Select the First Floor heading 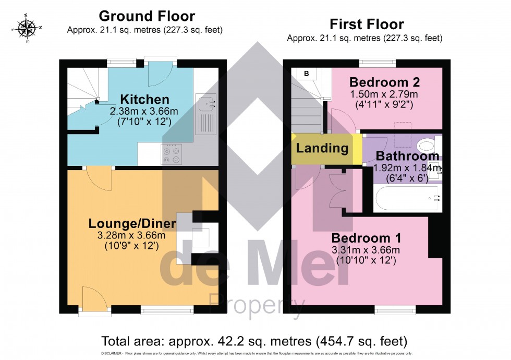(x=367, y=24)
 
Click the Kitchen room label (x=144, y=99)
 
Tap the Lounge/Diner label (x=132, y=224)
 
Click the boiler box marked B (x=306, y=74)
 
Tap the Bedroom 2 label (x=384, y=82)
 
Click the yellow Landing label (x=322, y=148)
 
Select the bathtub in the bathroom (x=408, y=198)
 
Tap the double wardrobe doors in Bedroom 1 (x=337, y=193)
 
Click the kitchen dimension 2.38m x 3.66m (x=144, y=111)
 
